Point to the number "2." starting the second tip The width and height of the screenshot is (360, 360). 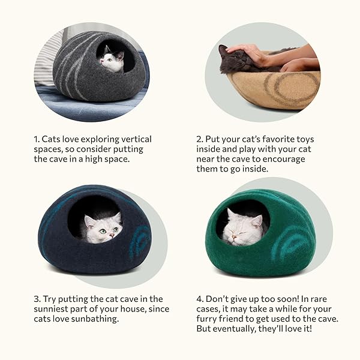pyautogui.click(x=200, y=139)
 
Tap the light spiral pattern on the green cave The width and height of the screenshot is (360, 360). pyautogui.click(x=290, y=244)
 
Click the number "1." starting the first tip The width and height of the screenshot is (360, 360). pyautogui.click(x=36, y=139)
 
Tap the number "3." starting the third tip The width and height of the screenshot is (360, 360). pyautogui.click(x=37, y=299)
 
